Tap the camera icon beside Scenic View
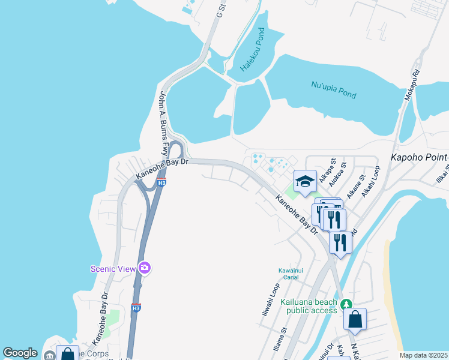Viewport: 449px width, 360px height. coord(144,268)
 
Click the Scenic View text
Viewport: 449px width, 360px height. coord(113,269)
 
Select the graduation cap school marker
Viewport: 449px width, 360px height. coord(305,181)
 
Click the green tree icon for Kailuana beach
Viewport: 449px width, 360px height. coord(347,305)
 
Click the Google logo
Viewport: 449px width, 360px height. coord(20,353)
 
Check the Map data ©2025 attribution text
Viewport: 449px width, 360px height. coord(423,355)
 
